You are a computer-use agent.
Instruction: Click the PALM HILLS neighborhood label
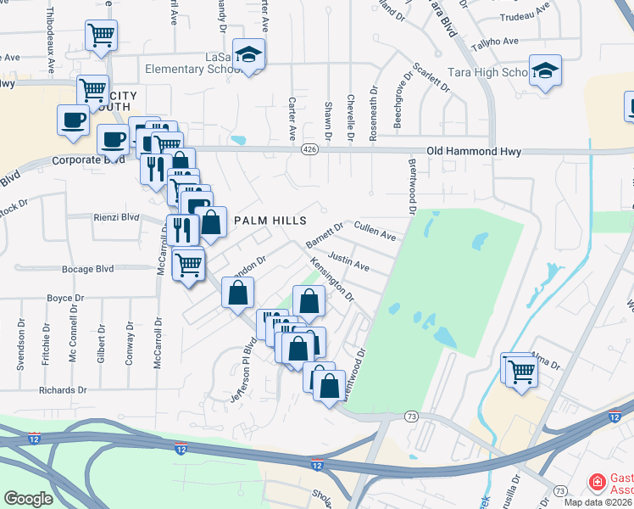[x=270, y=221]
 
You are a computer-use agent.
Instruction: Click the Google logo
[x=28, y=499]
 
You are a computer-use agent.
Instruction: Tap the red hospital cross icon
[x=598, y=484]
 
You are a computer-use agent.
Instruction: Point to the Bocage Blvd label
[x=87, y=269]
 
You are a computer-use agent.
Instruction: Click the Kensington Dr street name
[x=331, y=281]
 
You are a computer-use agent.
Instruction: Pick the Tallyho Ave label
[x=499, y=41]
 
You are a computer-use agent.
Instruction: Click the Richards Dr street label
[x=63, y=390]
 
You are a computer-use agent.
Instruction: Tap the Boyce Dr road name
[x=65, y=298]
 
